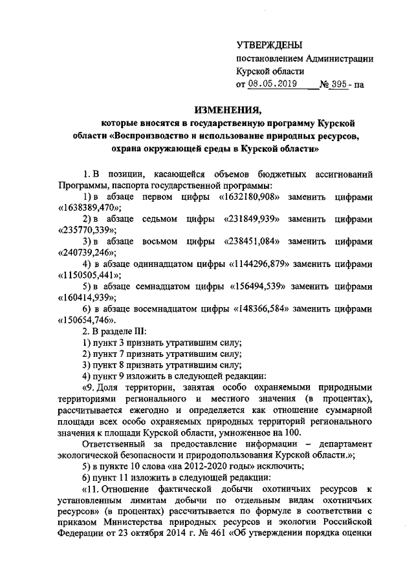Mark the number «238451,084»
click(x=253, y=243)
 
